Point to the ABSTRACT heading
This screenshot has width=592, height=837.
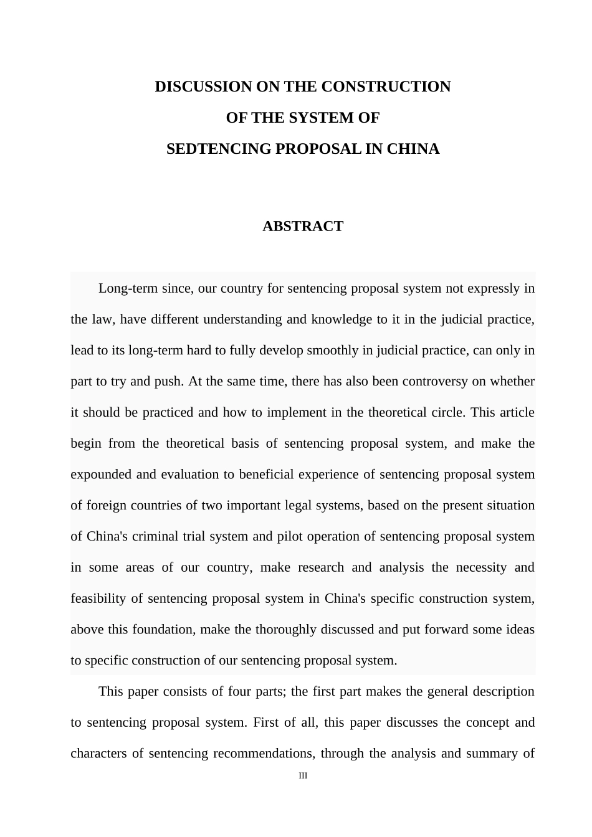[303, 226]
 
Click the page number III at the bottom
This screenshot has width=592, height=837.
[303, 776]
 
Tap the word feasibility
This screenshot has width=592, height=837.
[98, 598]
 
